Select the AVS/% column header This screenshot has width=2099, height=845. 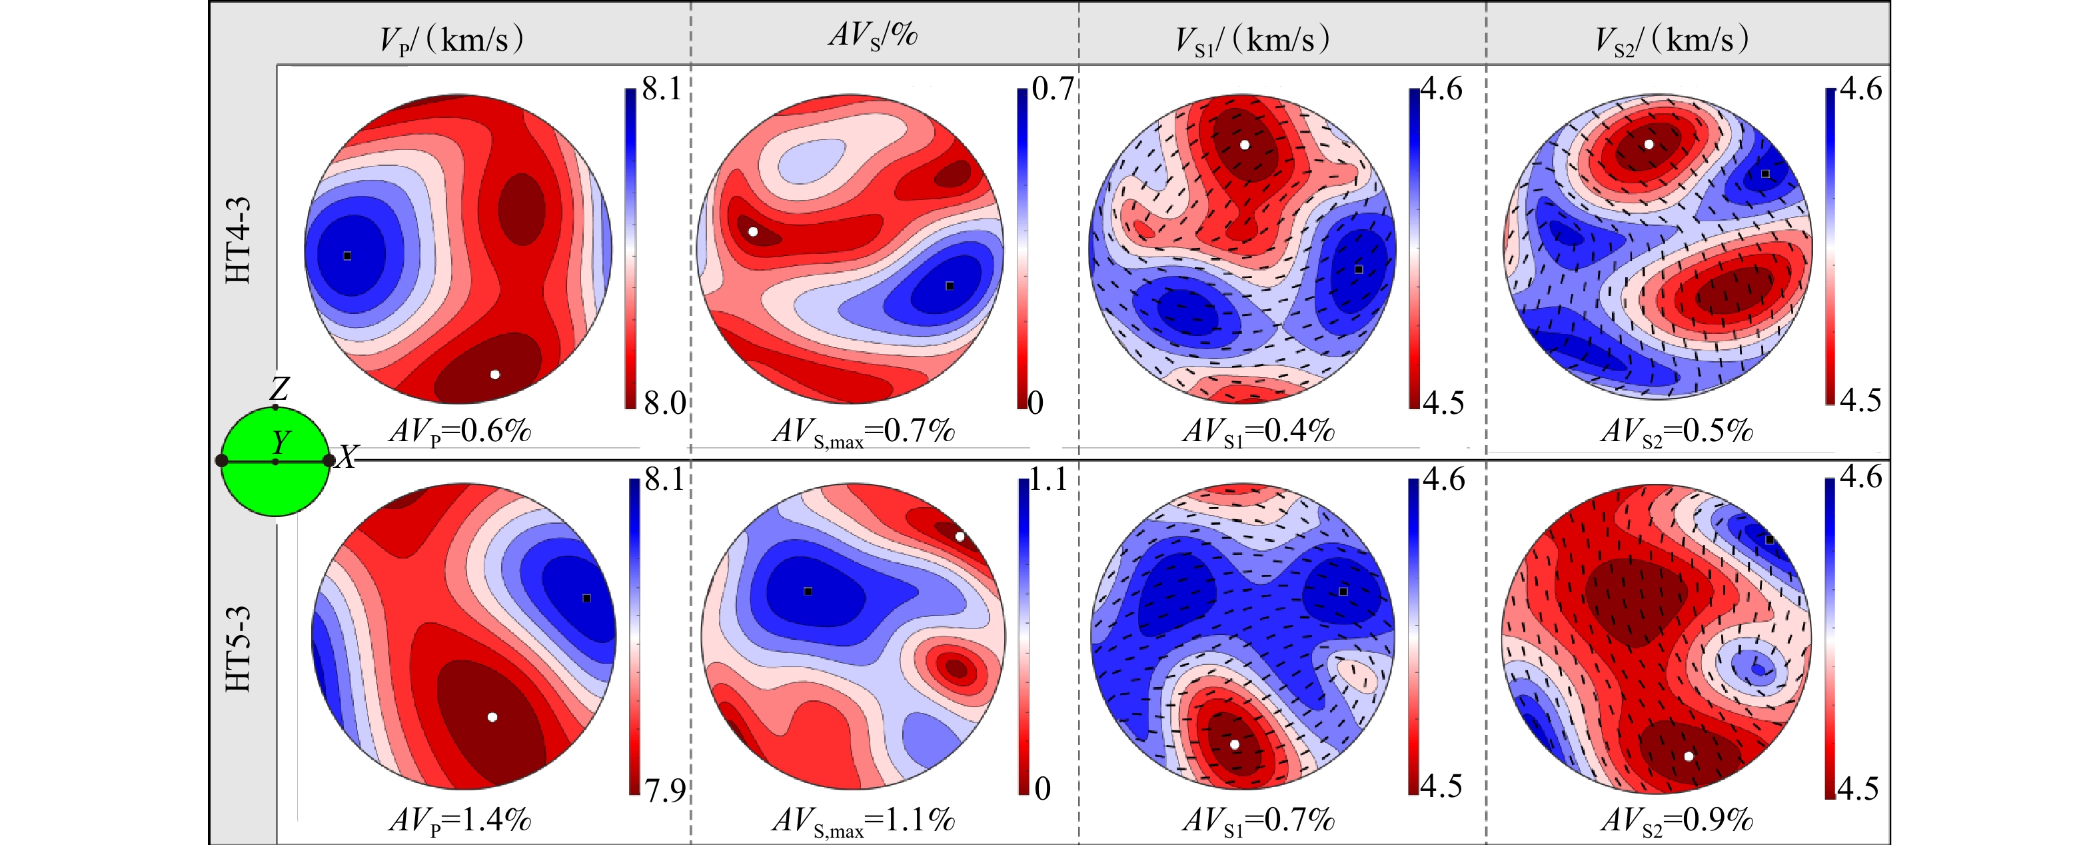[x=874, y=36]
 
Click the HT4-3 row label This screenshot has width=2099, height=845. [x=238, y=241]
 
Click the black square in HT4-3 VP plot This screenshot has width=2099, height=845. [x=347, y=256]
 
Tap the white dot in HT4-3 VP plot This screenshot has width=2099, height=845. [x=494, y=375]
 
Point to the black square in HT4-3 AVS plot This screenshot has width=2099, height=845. [x=950, y=286]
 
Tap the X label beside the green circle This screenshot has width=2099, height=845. [x=348, y=457]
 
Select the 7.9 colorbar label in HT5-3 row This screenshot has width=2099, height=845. [x=665, y=790]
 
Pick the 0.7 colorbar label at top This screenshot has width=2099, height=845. [x=1053, y=89]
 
